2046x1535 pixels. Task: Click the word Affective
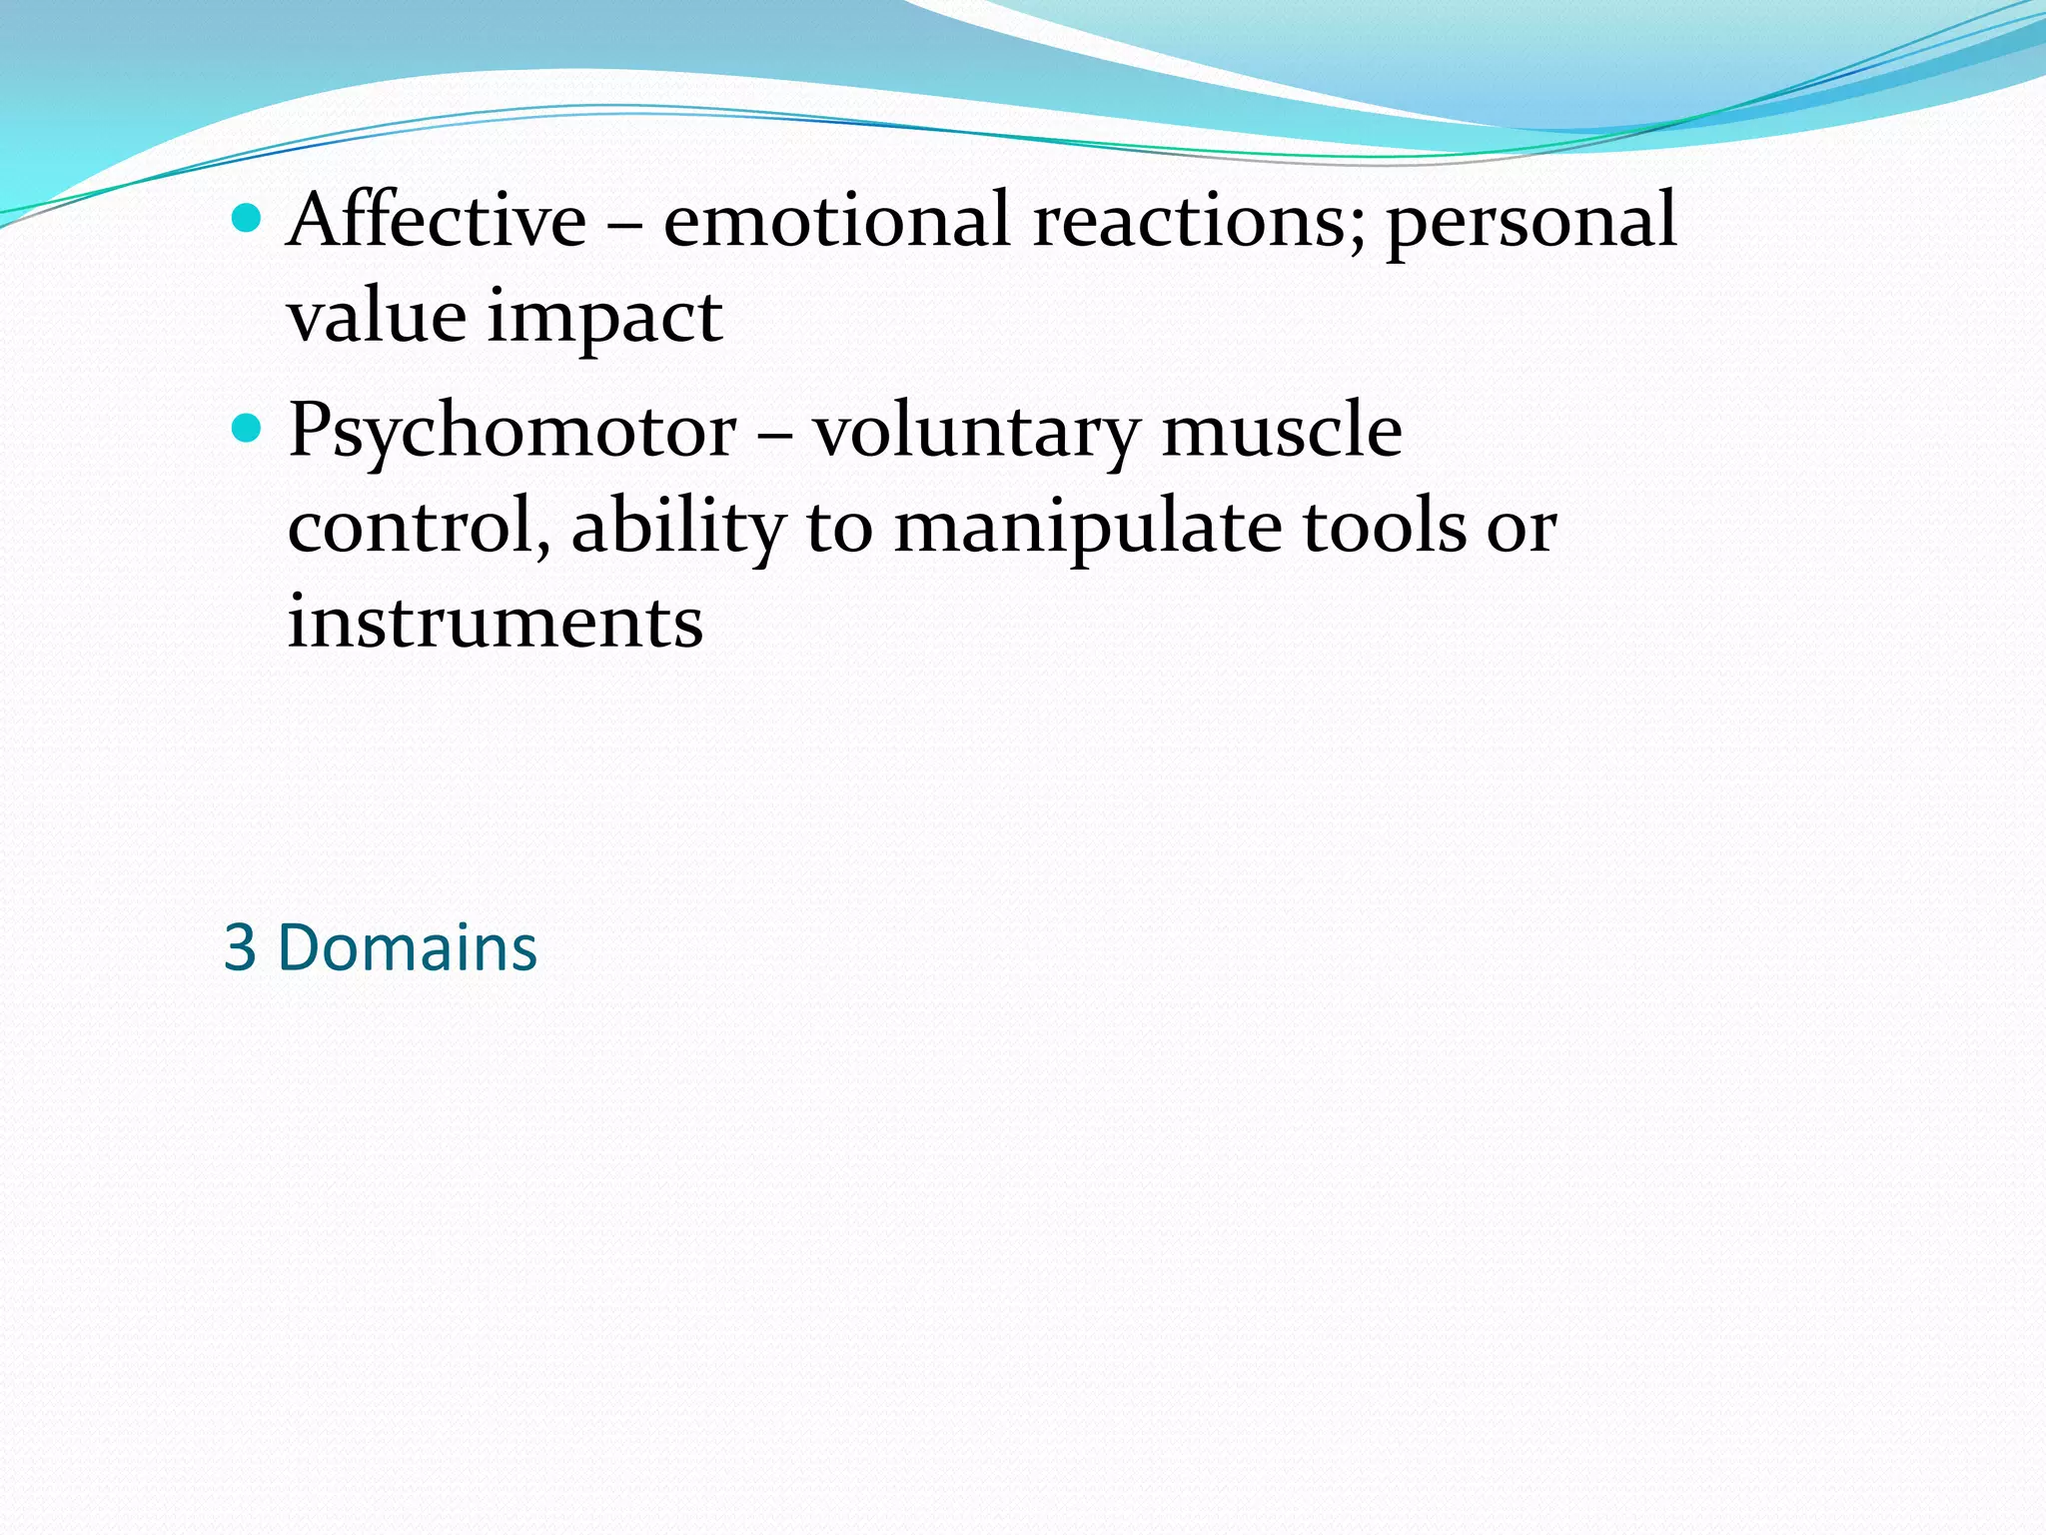[437, 220]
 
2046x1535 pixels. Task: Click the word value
[377, 316]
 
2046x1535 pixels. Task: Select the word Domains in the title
[408, 947]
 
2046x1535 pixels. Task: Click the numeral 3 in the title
[240, 947]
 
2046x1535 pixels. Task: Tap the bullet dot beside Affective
[245, 217]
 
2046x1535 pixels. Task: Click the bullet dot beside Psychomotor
[245, 429]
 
